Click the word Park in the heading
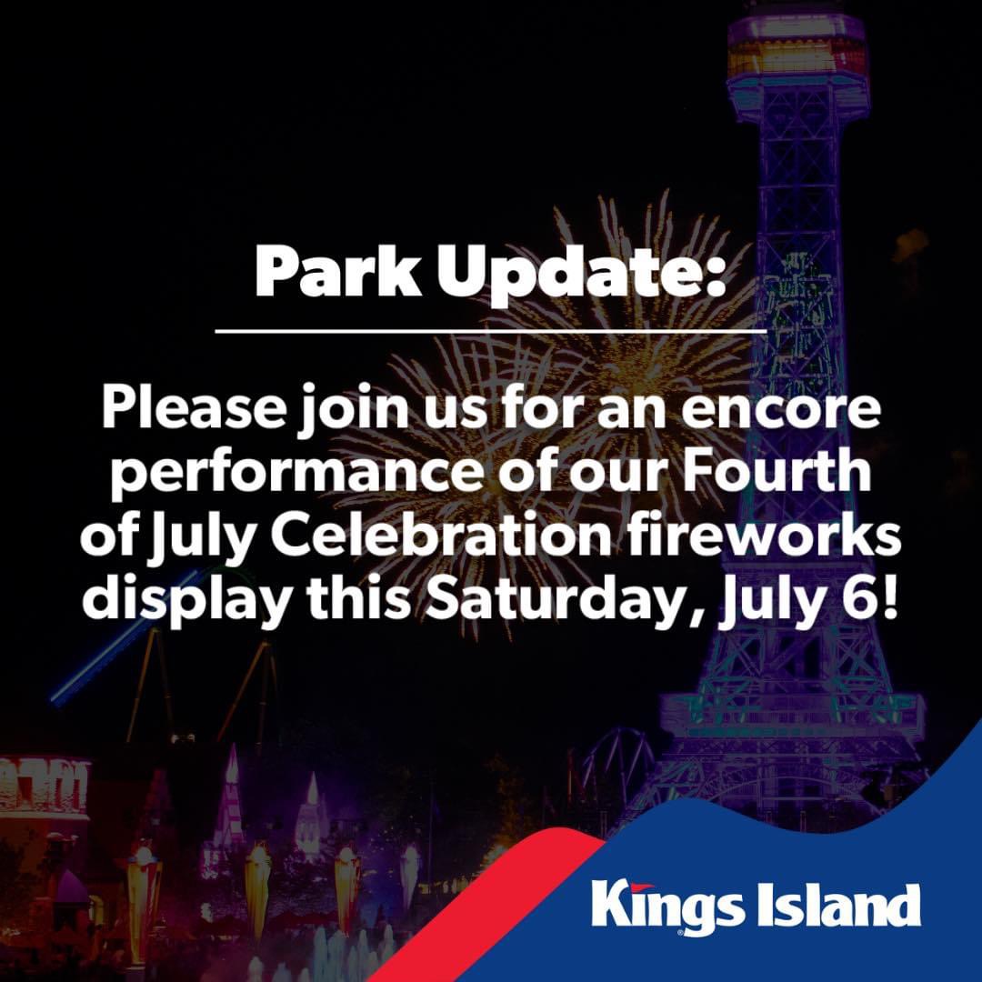point(338,270)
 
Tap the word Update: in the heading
point(581,274)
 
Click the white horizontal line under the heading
point(491,329)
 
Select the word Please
point(193,407)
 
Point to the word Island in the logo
point(839,905)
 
